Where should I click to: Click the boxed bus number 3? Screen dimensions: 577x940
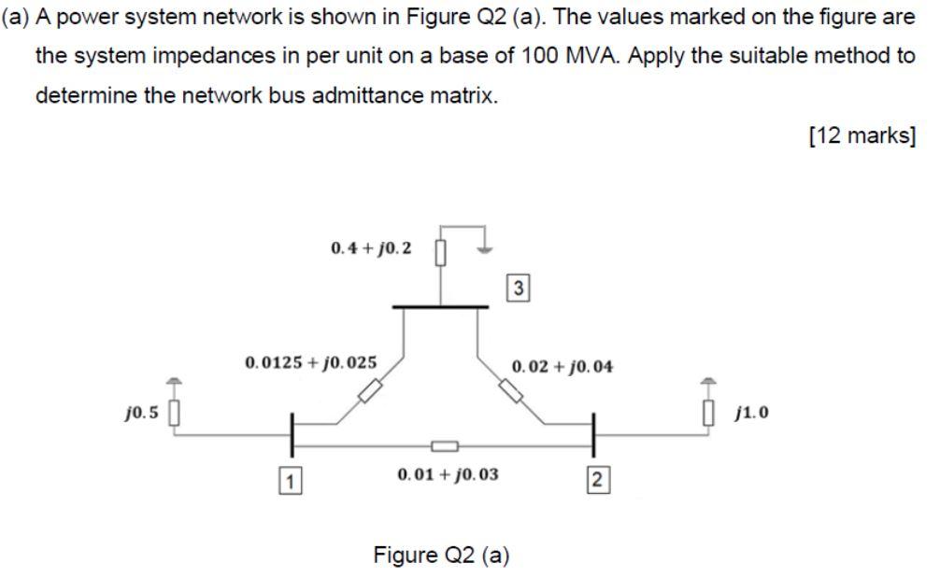coord(519,289)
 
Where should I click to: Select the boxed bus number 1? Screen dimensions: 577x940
coord(292,482)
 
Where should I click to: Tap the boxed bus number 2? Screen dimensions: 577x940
coord(598,481)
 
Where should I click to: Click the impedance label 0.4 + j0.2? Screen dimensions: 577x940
coord(371,248)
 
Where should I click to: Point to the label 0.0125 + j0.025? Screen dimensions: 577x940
coord(310,361)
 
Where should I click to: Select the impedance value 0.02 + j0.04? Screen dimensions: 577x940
coord(563,367)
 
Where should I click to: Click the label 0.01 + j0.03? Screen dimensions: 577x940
coord(448,474)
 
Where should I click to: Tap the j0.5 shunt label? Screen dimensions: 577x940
coord(141,412)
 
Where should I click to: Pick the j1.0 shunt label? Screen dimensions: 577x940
coord(753,412)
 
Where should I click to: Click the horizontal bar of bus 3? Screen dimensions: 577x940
coord(440,306)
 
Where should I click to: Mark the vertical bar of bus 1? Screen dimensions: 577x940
coord(292,433)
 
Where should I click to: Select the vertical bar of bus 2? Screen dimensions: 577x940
coord(594,433)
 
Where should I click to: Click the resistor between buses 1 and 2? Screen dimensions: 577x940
coord(444,446)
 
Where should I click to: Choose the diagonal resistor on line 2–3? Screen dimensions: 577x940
coord(511,390)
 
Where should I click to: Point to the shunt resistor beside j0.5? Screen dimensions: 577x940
coord(173,412)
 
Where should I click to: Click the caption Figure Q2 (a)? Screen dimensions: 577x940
coord(441,556)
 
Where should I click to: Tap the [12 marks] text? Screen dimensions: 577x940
coord(862,136)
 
